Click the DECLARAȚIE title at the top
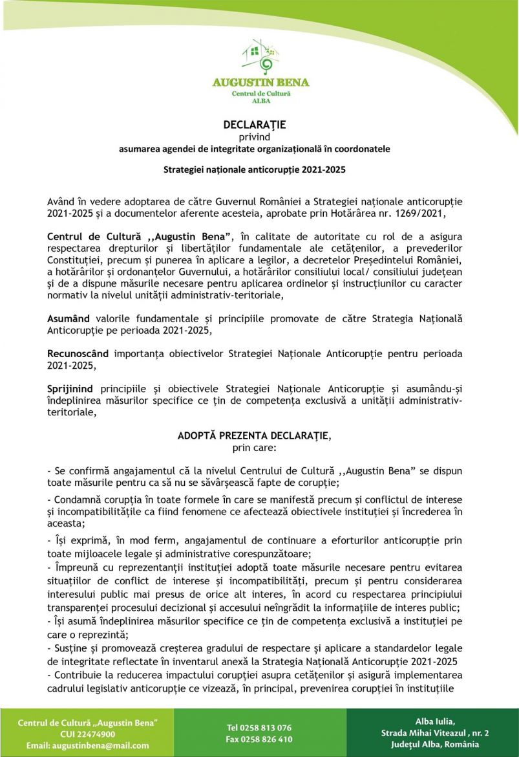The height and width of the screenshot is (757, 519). coord(255,124)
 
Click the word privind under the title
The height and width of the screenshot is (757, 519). coord(255,137)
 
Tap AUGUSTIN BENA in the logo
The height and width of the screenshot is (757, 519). coord(260,82)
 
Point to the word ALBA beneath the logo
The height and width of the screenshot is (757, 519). coord(260,101)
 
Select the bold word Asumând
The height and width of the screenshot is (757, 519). coord(70,319)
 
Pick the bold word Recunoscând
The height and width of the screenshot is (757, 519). coord(79,354)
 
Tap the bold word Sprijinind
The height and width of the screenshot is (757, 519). coord(70,389)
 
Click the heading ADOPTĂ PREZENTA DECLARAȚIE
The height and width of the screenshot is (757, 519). coord(253,436)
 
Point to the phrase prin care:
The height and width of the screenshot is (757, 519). coord(254,447)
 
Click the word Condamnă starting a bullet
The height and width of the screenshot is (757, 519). coord(81,499)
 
